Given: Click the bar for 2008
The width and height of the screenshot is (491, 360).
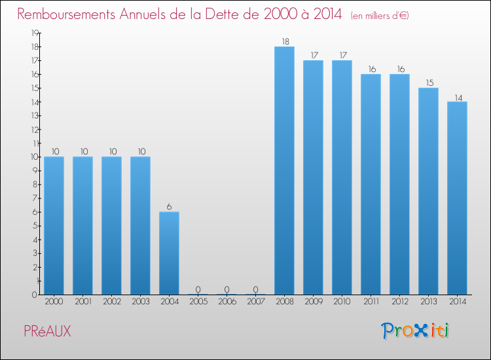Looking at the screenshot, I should tap(284, 170).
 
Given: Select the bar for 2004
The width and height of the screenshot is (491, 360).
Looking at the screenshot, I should tap(169, 253).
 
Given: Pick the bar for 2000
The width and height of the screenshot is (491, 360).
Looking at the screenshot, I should tap(54, 225).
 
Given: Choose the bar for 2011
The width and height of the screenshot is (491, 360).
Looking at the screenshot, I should tap(371, 184).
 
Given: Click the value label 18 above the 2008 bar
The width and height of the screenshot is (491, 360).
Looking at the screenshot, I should tap(284, 41).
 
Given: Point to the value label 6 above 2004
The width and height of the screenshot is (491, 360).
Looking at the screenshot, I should tap(169, 207).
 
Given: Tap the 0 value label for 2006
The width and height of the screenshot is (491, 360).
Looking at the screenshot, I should tap(227, 289).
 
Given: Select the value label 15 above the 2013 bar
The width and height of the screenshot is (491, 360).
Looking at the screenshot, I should tap(428, 82).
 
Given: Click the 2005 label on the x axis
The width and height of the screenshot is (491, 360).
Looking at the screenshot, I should tap(198, 302).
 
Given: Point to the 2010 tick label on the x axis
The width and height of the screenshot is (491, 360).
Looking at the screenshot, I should tap(342, 302).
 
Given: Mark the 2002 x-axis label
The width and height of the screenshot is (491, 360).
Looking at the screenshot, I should tap(111, 302).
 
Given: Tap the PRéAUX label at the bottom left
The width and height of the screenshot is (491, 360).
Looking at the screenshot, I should tap(47, 332).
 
